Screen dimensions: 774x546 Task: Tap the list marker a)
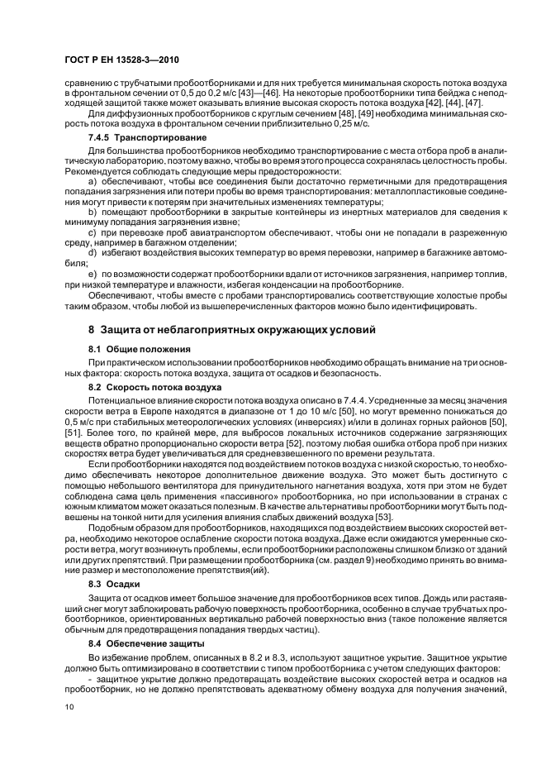click(93, 180)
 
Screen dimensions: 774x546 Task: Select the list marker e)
click(93, 272)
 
